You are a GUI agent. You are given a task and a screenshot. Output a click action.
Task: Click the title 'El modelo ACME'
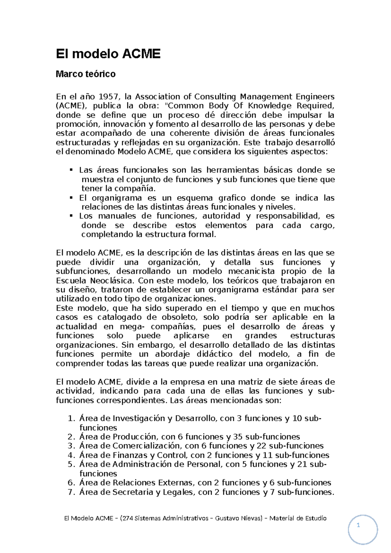pos(108,54)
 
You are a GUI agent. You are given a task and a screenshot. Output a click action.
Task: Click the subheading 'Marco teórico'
pos(85,74)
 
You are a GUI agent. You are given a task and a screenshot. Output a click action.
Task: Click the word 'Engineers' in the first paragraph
pos(315,97)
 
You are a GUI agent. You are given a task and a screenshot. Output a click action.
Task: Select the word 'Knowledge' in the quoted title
pos(269,106)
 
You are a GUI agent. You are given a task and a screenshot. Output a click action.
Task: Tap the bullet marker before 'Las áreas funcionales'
pos(71,170)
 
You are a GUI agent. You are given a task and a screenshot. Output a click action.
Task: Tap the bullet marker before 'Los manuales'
pos(71,216)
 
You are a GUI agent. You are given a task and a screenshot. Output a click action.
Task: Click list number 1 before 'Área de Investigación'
pos(71,419)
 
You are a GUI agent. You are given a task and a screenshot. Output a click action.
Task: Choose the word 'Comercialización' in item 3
pos(146,446)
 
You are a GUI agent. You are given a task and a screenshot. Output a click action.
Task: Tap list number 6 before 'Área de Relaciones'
pos(71,483)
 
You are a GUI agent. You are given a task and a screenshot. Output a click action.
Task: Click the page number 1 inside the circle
pos(358,525)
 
